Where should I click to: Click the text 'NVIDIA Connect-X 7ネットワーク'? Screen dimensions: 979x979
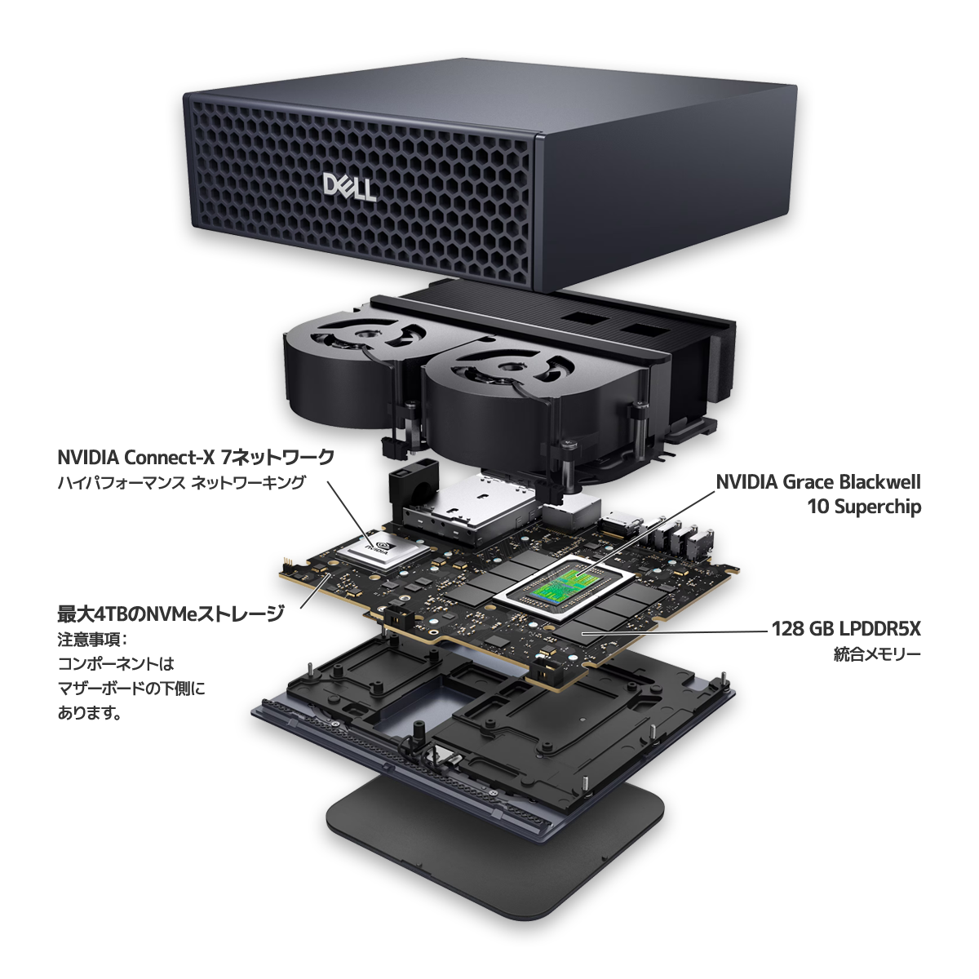coord(196,458)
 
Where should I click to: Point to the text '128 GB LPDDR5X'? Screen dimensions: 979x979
coord(846,629)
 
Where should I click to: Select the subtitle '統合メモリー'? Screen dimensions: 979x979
coord(877,654)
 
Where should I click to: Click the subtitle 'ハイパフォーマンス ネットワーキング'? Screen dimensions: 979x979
coord(181,483)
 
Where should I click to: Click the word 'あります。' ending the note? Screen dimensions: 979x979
coord(90,714)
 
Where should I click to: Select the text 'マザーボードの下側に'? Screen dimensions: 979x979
coord(131,689)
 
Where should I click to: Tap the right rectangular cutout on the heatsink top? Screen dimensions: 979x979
coord(645,330)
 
